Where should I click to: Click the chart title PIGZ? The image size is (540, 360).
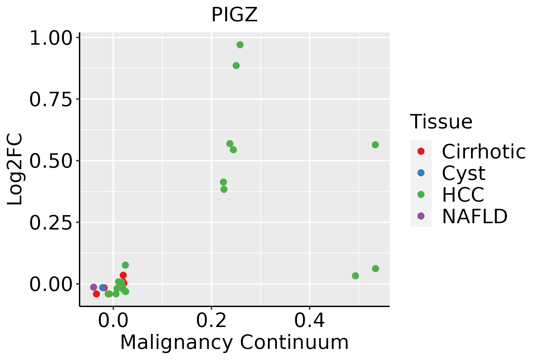(234, 15)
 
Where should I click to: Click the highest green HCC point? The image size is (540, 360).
(240, 45)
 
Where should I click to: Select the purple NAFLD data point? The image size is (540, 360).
(94, 287)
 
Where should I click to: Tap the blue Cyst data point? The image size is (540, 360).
(102, 288)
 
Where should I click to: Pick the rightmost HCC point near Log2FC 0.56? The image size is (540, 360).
(375, 145)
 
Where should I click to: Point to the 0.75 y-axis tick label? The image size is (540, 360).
(51, 100)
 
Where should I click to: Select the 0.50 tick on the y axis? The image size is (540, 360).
(51, 162)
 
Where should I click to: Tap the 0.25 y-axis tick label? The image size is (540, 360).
(51, 223)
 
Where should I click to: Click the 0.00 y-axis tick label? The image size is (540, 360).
(51, 285)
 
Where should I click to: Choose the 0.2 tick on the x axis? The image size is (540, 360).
(211, 321)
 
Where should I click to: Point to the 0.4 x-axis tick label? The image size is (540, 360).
(309, 321)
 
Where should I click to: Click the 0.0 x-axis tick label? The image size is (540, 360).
(113, 321)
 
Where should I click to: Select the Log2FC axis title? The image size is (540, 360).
(15, 169)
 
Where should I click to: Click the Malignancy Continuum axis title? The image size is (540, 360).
(234, 343)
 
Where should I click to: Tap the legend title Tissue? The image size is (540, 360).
(441, 122)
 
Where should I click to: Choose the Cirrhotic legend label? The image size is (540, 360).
(484, 151)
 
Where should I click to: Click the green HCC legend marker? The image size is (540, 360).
(421, 194)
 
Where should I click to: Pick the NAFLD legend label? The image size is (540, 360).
(475, 216)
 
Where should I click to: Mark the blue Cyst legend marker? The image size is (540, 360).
(421, 173)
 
